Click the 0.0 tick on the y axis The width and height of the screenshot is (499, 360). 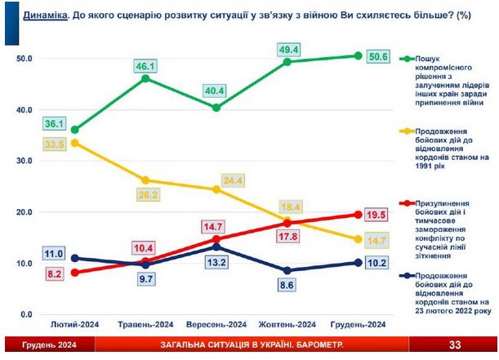point(27,315)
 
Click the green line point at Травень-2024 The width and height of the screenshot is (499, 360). point(145,78)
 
